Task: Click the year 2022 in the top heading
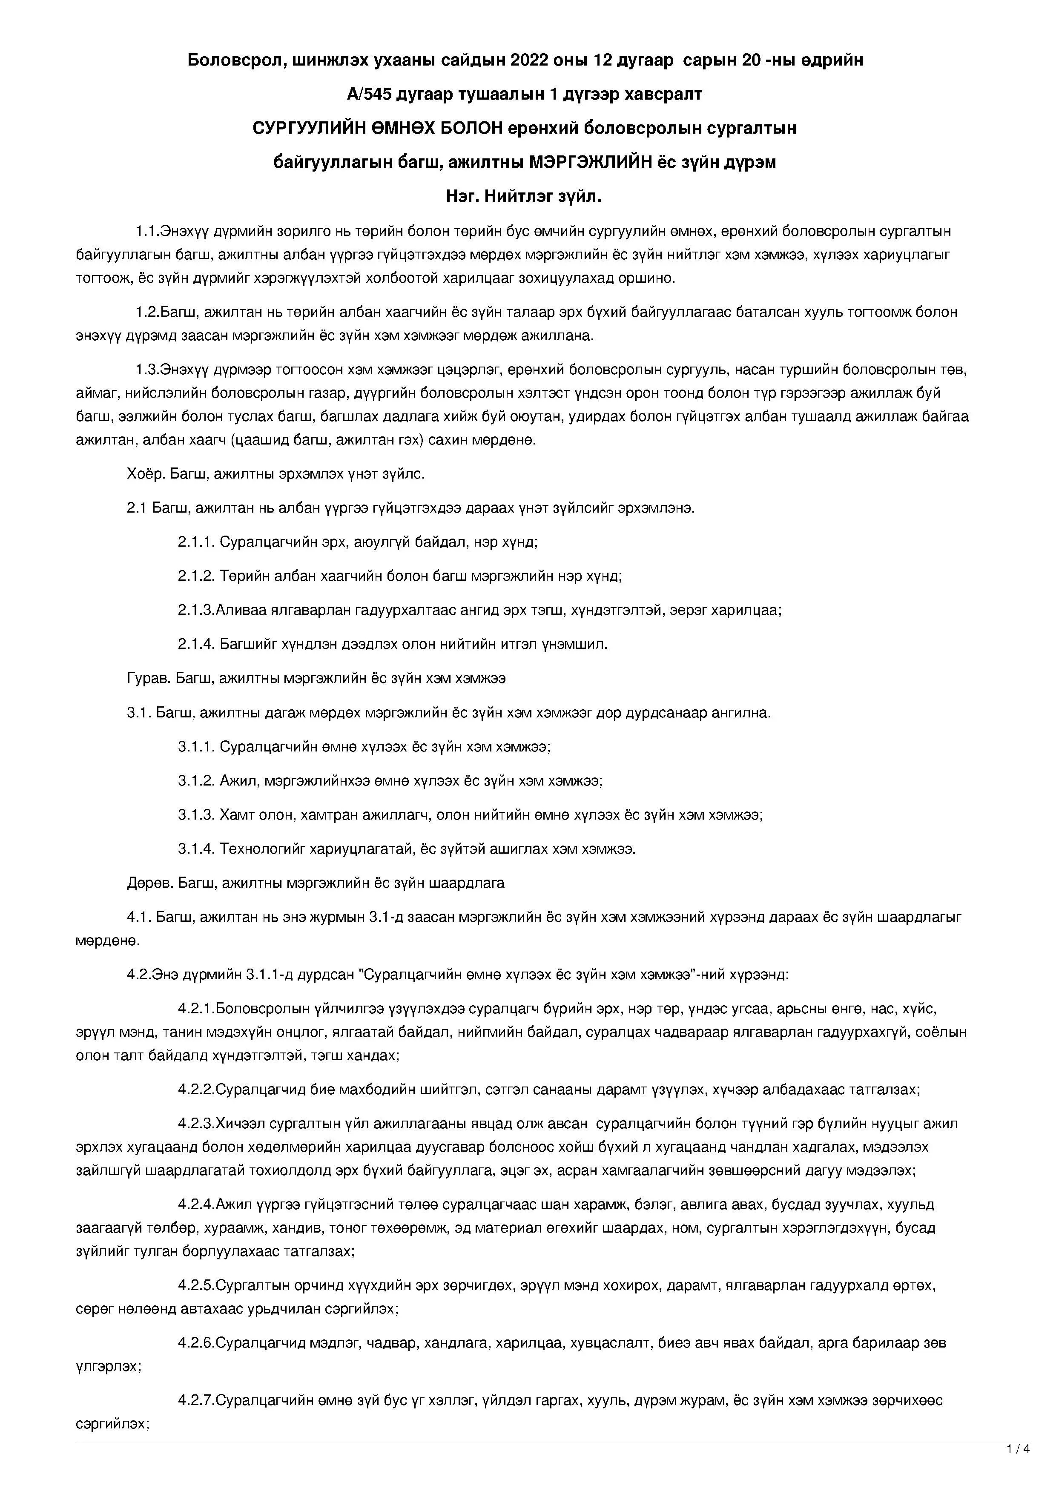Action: pyautogui.click(x=530, y=60)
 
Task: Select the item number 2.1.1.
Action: pyautogui.click(x=196, y=542)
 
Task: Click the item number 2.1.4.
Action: pyautogui.click(x=196, y=644)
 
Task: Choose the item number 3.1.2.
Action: pyautogui.click(x=196, y=781)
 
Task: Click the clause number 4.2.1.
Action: pyautogui.click(x=196, y=1009)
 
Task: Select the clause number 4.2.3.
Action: pyautogui.click(x=196, y=1124)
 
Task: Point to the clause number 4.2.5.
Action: pyautogui.click(x=196, y=1286)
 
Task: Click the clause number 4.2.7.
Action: pyautogui.click(x=196, y=1400)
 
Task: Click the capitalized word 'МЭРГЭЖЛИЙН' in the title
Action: pyautogui.click(x=589, y=163)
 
